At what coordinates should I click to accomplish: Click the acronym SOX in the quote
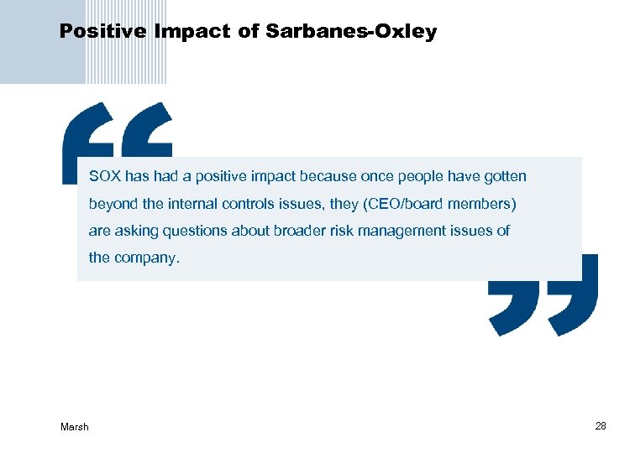[104, 177]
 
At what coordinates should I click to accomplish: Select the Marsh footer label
[74, 427]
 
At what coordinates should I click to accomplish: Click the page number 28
[600, 426]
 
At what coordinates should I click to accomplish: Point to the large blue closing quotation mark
[543, 294]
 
